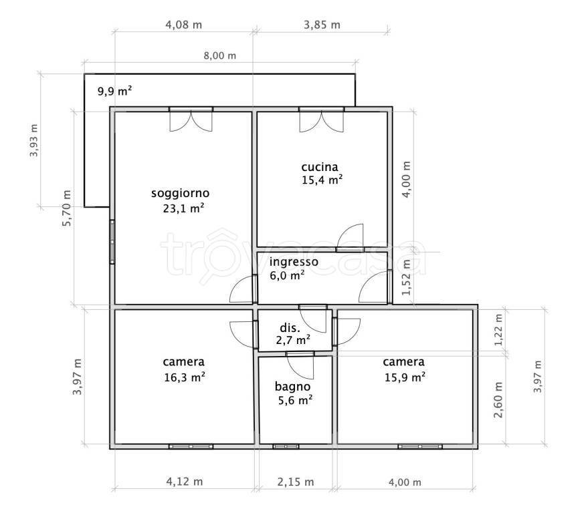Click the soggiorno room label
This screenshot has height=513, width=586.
coord(180,193)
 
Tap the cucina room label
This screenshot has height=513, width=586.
coord(320,167)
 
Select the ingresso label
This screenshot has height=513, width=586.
coord(294,262)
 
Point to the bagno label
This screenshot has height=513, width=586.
coord(292,387)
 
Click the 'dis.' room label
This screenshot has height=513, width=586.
coord(290,328)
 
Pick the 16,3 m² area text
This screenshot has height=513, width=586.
coord(184,377)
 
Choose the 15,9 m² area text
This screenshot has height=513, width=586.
coord(405,377)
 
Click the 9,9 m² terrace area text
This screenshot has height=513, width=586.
coord(114,91)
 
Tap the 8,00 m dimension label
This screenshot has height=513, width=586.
coord(219,56)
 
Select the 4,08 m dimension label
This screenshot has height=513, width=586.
coord(183,25)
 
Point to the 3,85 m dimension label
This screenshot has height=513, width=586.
coord(322,25)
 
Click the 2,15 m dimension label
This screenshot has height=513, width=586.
coord(295,482)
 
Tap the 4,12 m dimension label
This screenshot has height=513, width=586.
coord(184,482)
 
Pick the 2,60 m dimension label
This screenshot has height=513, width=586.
coord(498,399)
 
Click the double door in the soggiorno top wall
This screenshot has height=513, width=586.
coord(191,120)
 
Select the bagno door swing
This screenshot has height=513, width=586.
coord(300,366)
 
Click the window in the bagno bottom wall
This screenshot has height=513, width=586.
coord(286,446)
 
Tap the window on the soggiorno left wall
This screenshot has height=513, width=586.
coord(112,242)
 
